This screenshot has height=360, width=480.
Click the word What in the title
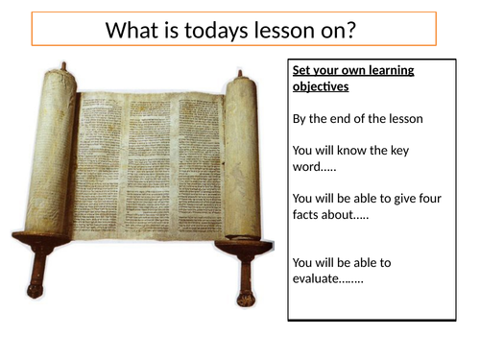pyautogui.click(x=132, y=31)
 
